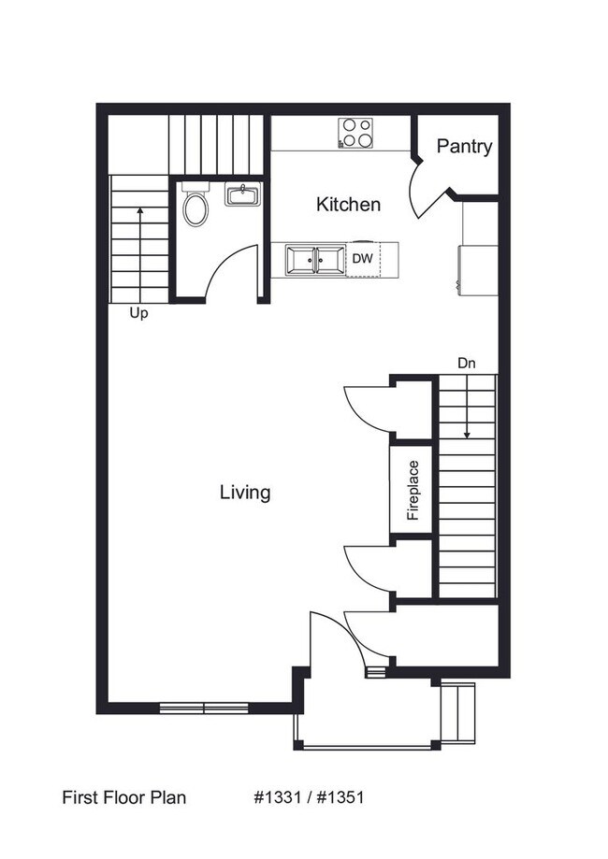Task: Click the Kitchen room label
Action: coord(348,204)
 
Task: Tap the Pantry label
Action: coord(464,147)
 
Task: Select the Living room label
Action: coord(245,492)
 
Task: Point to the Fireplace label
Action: coord(412,491)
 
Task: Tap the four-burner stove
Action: coord(355,133)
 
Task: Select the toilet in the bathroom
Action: coord(195,208)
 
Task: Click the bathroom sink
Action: coord(242,195)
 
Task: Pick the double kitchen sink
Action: coord(316,260)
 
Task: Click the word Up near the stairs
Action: coord(138,314)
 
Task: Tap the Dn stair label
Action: coord(467,363)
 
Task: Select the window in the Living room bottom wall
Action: coord(203,708)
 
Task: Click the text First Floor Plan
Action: coord(124,797)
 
